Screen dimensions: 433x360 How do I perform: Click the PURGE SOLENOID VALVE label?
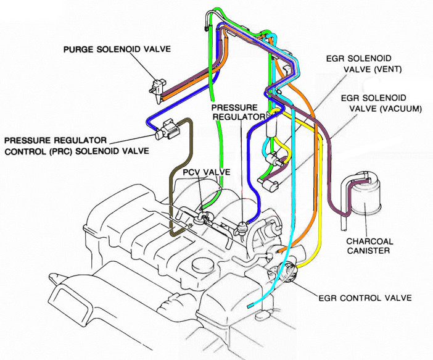(117, 49)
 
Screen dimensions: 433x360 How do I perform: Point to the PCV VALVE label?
(207, 172)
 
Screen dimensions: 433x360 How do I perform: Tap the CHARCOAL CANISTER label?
(369, 246)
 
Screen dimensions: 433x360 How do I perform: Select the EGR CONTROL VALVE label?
(365, 298)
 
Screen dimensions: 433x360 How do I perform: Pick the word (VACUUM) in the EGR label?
(401, 109)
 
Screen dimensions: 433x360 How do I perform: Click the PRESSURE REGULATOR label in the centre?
(238, 112)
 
